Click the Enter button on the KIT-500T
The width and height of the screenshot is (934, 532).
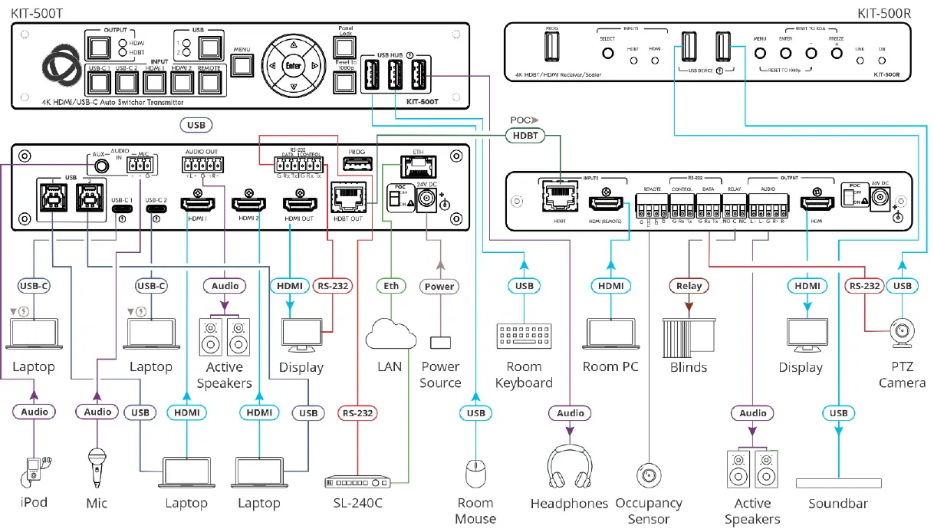(x=292, y=66)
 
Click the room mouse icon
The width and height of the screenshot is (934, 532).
(x=475, y=474)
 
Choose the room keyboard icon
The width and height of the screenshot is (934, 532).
(x=524, y=337)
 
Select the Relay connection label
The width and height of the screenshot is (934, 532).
(x=689, y=286)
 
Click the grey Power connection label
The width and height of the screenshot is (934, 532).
(x=440, y=286)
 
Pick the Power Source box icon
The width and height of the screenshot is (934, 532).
(x=440, y=342)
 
